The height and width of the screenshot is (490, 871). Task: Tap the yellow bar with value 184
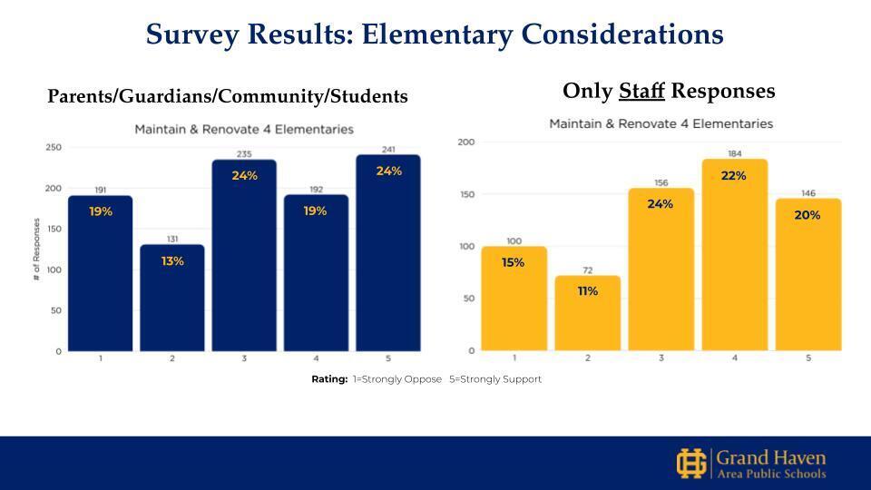tap(734, 255)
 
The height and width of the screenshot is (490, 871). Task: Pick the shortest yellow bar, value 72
tap(587, 313)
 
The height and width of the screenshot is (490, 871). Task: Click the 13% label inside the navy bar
tap(172, 261)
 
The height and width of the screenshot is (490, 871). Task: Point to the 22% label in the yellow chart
tap(734, 176)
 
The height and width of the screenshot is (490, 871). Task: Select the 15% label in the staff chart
tap(514, 262)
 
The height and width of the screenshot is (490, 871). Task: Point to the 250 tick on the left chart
tap(54, 148)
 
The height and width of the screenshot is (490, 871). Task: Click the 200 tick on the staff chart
tap(466, 142)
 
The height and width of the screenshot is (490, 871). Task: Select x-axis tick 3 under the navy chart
tap(244, 358)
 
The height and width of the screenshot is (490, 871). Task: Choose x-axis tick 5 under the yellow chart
tap(807, 358)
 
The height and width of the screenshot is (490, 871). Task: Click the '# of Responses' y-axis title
tap(36, 249)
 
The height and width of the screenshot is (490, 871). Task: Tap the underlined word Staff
tap(641, 92)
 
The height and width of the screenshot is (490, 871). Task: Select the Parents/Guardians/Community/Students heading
tap(227, 96)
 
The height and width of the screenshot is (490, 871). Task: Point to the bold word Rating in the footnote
tap(329, 379)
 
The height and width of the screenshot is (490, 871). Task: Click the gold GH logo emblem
tap(691, 463)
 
